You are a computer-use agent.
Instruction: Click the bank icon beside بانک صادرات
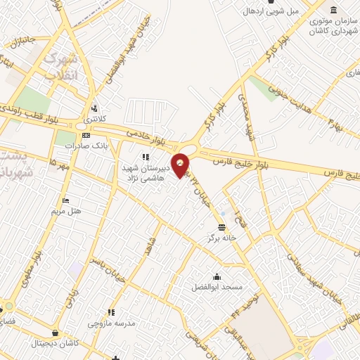(x=86, y=135)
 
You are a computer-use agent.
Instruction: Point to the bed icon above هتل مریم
(x=65, y=200)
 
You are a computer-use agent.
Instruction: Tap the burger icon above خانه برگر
(x=222, y=227)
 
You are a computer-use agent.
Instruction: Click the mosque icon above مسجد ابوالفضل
(x=217, y=276)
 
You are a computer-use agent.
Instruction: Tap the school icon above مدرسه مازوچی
(x=110, y=312)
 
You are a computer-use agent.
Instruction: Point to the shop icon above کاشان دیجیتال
(x=55, y=333)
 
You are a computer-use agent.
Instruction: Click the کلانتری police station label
(x=92, y=120)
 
